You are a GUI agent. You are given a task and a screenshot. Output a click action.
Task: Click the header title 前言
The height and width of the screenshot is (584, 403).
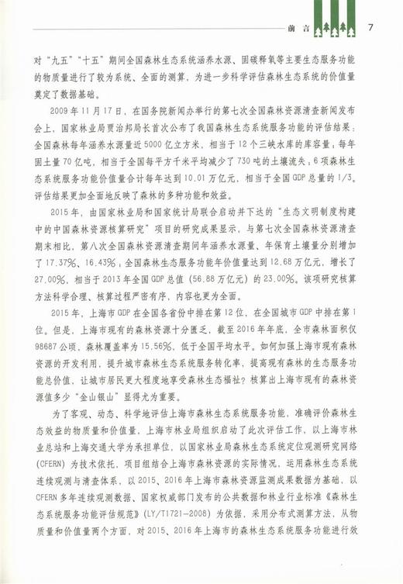point(298,29)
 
